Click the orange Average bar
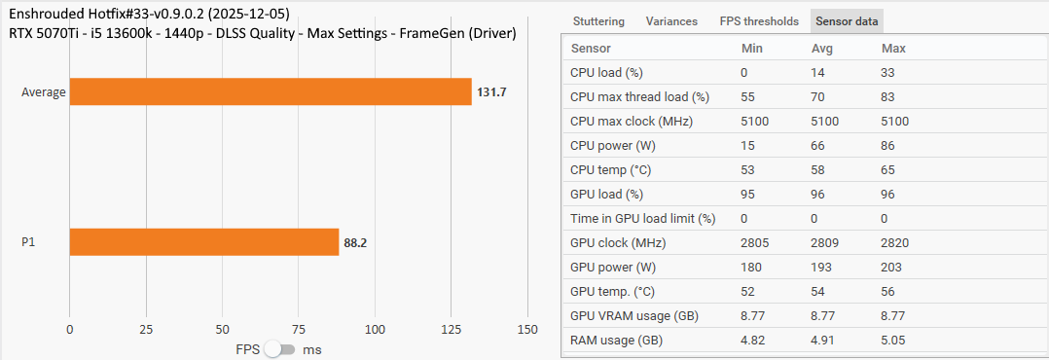[x=271, y=91]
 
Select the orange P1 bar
[x=204, y=242]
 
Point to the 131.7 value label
[x=491, y=92]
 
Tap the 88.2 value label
[x=355, y=243]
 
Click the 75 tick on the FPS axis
[x=299, y=330]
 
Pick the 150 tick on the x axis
[x=527, y=330]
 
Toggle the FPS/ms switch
[x=279, y=349]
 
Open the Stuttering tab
[x=598, y=21]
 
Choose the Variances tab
[x=671, y=21]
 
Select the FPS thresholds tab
[x=759, y=21]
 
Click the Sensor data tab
[x=847, y=21]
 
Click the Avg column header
[x=823, y=48]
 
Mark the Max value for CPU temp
[x=891, y=170]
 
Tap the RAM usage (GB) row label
[x=617, y=341]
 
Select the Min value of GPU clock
[x=757, y=243]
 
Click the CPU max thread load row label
[x=639, y=97]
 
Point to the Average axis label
[x=44, y=92]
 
